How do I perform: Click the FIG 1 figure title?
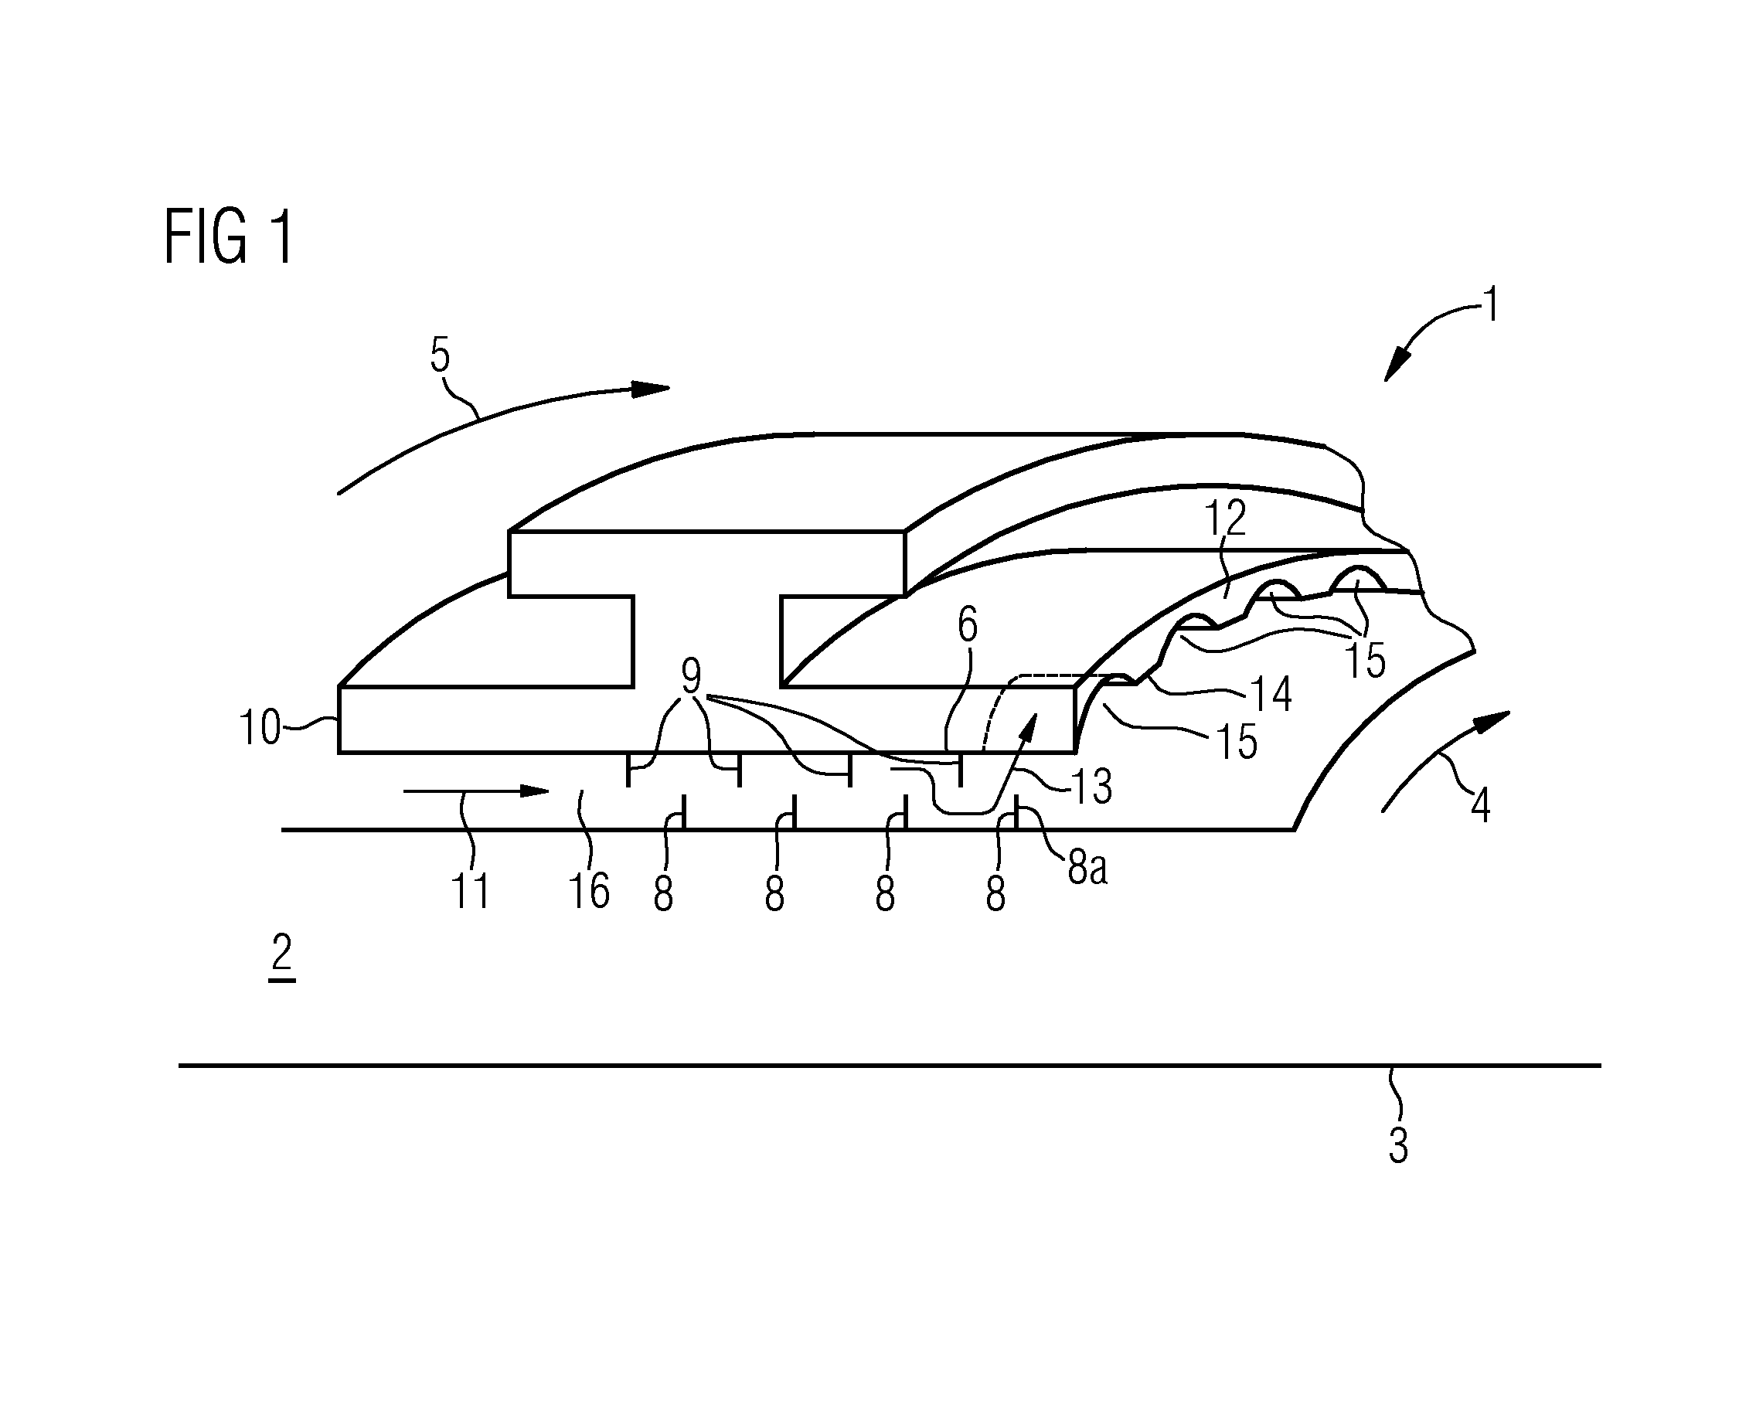pyautogui.click(x=228, y=236)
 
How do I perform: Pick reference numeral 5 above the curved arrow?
pyautogui.click(x=968, y=625)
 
